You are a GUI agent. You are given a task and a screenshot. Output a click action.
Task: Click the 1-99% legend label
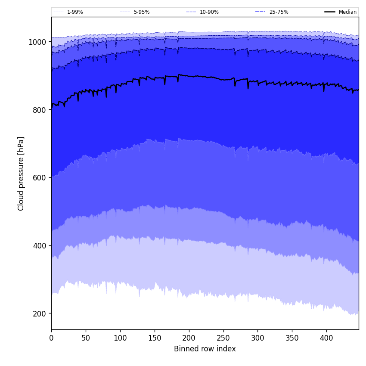point(75,12)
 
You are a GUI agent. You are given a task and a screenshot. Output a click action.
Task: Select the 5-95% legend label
point(142,12)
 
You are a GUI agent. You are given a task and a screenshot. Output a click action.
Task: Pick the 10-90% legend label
point(209,12)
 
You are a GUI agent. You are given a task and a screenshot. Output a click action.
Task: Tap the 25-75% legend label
point(279,12)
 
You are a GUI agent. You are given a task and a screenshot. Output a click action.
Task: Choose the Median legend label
point(347,12)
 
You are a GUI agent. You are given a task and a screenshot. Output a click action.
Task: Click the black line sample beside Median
point(330,12)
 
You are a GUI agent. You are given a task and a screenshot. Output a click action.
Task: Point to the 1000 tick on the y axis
point(37,42)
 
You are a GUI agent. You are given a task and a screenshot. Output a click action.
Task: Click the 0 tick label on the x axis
point(51,338)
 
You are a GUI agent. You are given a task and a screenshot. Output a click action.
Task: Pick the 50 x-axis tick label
point(86,338)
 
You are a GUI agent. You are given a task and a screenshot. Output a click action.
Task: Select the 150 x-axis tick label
point(155,338)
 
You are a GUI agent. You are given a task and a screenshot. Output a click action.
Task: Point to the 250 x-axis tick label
point(223,338)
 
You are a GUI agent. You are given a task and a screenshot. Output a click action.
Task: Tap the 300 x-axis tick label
point(257,338)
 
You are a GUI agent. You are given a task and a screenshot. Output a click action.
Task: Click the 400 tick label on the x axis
point(326,338)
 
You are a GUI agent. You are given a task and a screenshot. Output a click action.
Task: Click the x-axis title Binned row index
point(205,349)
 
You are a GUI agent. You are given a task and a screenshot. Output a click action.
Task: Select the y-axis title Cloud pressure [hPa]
point(21,174)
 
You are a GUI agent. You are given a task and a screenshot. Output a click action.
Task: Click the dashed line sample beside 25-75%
point(261,12)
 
